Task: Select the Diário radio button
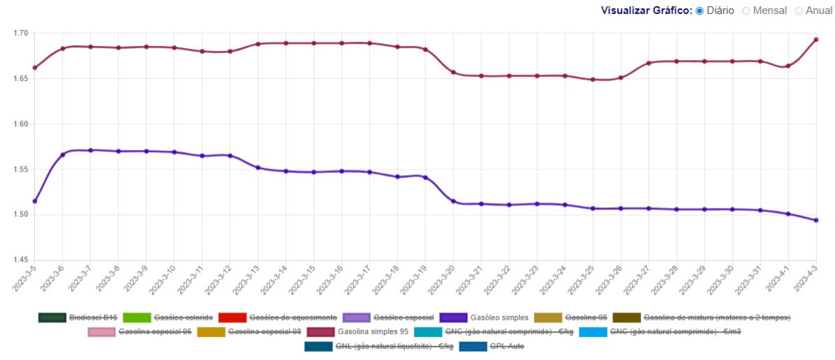coord(699,11)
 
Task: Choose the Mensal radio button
coord(746,11)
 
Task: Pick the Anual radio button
coord(798,11)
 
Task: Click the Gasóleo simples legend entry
coord(499,318)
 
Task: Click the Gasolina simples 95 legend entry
coord(373,332)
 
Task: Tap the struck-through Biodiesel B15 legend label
coord(93,318)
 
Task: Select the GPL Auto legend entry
coord(507,347)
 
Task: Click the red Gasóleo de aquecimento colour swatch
coord(232,318)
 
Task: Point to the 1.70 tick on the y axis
coord(20,33)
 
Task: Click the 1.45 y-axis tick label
coord(20,260)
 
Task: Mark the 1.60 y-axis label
coord(20,124)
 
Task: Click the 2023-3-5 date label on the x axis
coord(24,278)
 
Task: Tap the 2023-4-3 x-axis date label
coord(805,278)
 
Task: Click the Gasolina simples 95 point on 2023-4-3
coord(816,40)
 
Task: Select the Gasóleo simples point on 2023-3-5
coord(35,201)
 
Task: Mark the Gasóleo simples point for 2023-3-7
coord(90,150)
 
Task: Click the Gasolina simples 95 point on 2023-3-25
coord(593,80)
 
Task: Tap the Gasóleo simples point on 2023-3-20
coord(453,201)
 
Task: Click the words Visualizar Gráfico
coord(646,10)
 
